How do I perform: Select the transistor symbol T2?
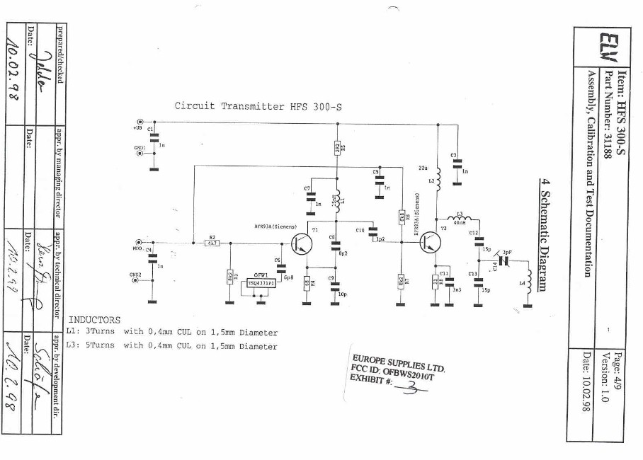429,243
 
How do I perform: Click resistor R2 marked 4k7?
212,243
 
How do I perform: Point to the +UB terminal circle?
141,122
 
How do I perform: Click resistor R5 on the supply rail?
338,148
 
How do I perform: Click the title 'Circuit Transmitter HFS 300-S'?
258,106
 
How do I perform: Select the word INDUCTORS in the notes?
94,320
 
